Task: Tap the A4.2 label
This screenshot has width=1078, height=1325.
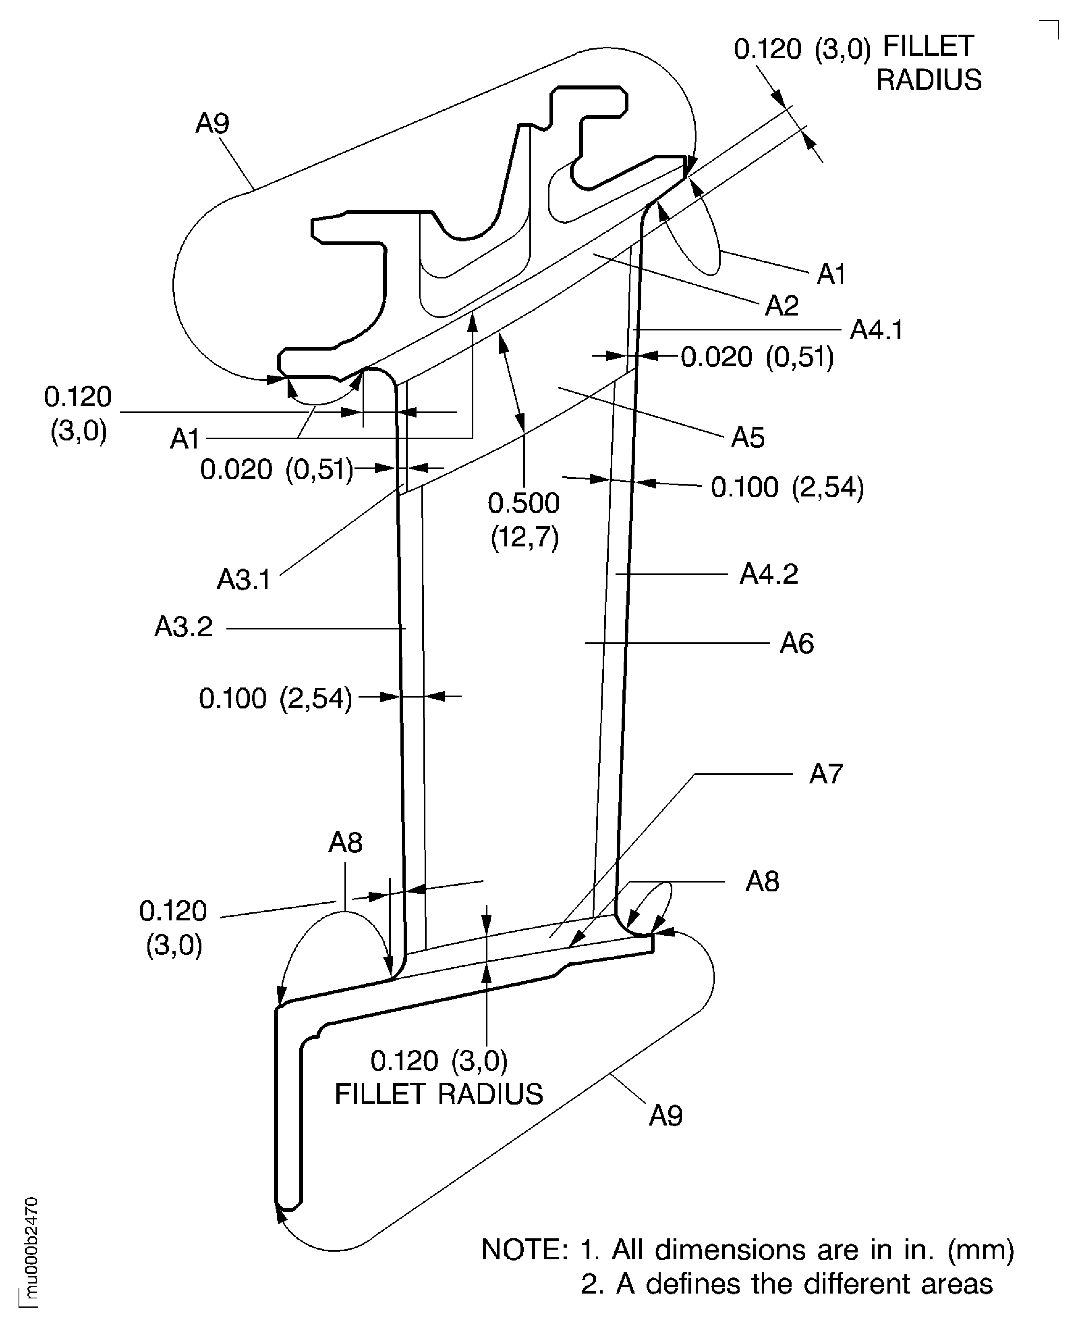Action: [x=768, y=574]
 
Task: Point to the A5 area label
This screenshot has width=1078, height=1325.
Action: [x=748, y=438]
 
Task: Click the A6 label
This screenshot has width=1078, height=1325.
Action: [x=797, y=644]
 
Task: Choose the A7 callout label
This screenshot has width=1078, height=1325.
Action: [x=826, y=774]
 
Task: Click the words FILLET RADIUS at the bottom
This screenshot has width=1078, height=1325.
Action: [x=438, y=1094]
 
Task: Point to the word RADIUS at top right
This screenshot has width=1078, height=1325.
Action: [x=929, y=80]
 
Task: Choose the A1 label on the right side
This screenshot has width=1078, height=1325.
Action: [x=831, y=274]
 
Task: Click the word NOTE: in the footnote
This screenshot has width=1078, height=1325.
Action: [x=525, y=1249]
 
